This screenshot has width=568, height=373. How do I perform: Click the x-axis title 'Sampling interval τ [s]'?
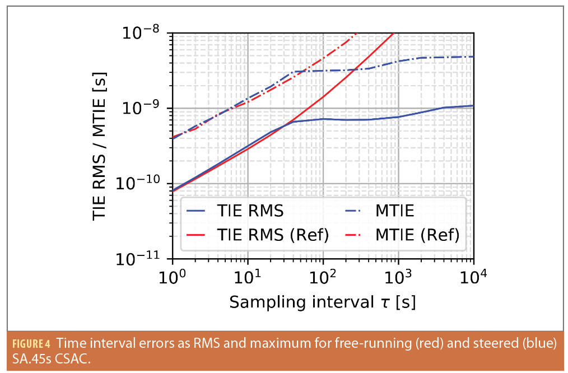[x=322, y=302]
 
